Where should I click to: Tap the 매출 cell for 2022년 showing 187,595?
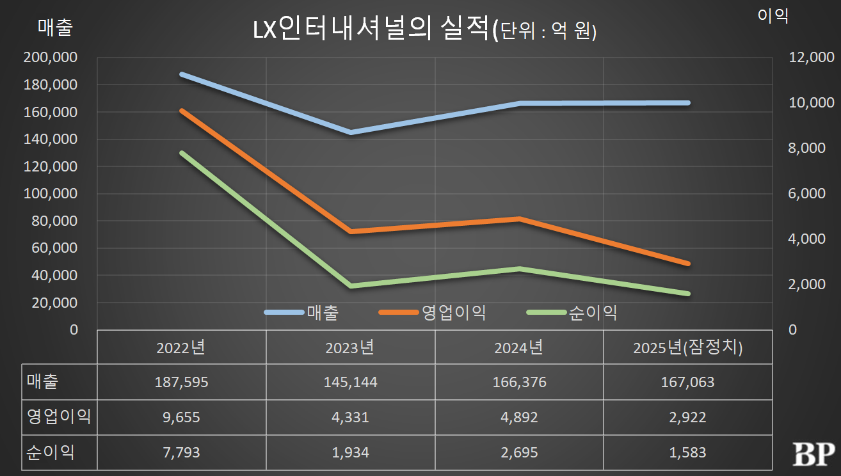pyautogui.click(x=181, y=383)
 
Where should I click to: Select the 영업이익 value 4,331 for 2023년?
pyautogui.click(x=351, y=418)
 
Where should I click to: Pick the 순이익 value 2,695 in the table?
pyautogui.click(x=519, y=453)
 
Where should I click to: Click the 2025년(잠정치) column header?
pyautogui.click(x=688, y=348)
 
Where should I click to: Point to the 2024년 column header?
pyautogui.click(x=519, y=348)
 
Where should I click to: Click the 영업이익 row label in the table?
pyautogui.click(x=59, y=418)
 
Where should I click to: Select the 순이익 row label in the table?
pyautogui.click(x=51, y=453)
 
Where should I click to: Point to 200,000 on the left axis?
pyautogui.click(x=51, y=58)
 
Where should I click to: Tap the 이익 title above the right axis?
pyautogui.click(x=773, y=17)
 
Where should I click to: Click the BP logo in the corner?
pyautogui.click(x=813, y=454)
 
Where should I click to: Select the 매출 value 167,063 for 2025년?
pyautogui.click(x=688, y=383)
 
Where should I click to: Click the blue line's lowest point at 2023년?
pyautogui.click(x=351, y=132)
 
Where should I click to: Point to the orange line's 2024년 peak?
pyautogui.click(x=520, y=219)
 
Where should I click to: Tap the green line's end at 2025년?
pyautogui.click(x=688, y=294)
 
